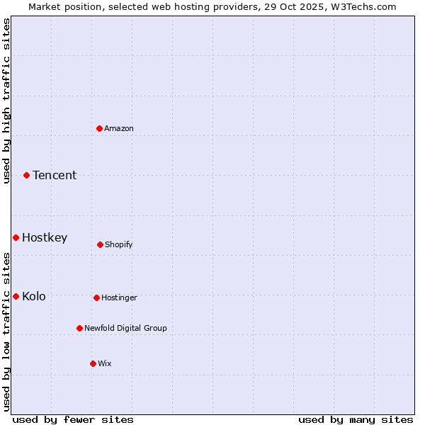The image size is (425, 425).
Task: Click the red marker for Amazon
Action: (100, 128)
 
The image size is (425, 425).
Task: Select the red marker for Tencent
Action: (27, 175)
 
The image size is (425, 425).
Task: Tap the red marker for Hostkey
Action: (16, 237)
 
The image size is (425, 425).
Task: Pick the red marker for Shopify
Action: (100, 244)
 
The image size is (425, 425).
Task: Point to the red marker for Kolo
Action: (16, 296)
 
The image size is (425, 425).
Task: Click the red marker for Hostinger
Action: (96, 297)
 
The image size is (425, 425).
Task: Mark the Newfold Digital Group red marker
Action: (79, 328)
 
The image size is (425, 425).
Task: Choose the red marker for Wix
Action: (93, 363)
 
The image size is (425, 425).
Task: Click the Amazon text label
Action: (119, 128)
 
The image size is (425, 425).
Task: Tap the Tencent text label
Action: (55, 175)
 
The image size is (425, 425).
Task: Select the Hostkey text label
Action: (45, 237)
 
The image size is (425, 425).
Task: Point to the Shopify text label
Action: (119, 244)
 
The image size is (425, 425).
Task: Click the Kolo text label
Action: (34, 296)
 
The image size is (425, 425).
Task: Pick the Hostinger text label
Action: (119, 297)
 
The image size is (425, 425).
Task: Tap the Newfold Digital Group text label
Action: (126, 328)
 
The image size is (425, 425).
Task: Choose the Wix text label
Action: (105, 363)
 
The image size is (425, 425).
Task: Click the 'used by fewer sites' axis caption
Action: (73, 419)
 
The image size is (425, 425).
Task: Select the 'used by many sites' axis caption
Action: (356, 419)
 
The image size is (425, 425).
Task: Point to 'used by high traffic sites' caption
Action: (6, 101)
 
